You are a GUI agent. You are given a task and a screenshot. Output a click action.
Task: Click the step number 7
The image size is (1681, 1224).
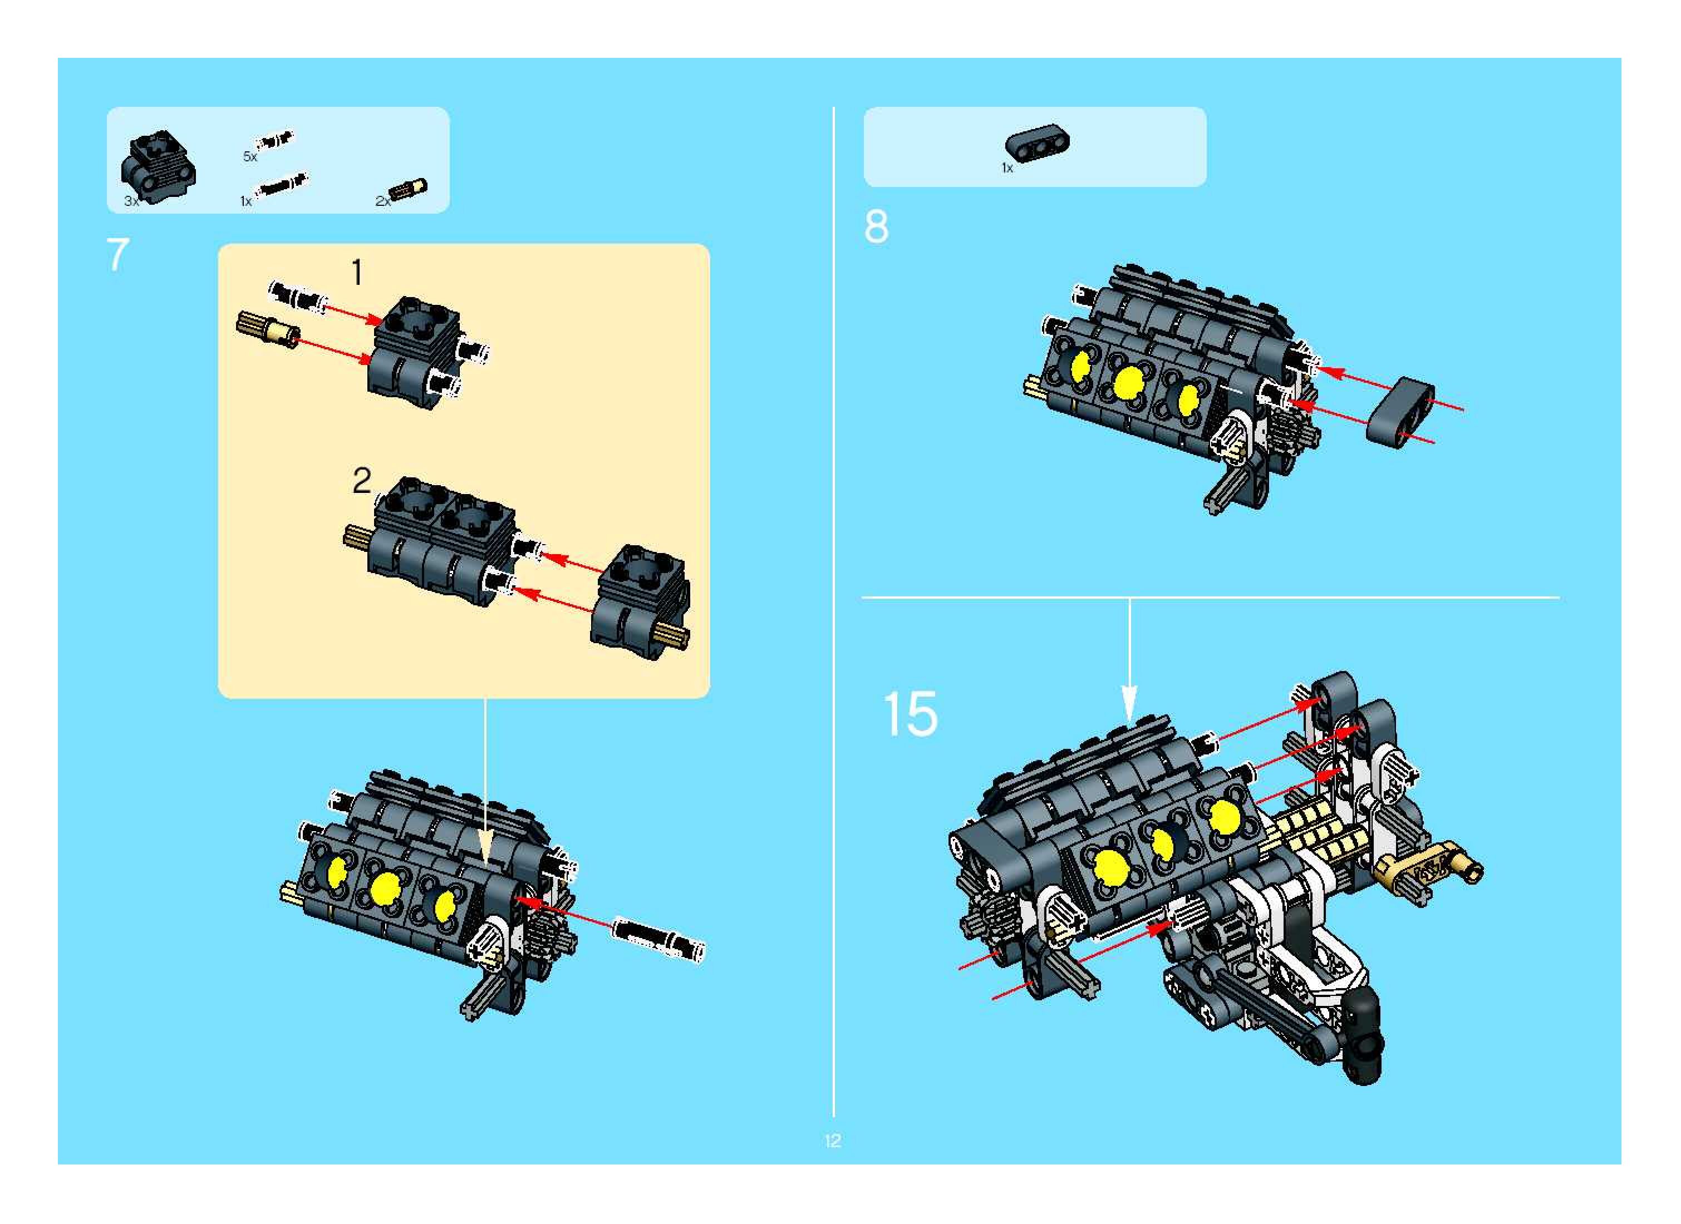118,255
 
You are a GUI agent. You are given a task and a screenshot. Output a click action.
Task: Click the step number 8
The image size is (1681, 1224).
876,227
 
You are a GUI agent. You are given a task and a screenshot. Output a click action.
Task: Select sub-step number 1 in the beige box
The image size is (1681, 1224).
356,273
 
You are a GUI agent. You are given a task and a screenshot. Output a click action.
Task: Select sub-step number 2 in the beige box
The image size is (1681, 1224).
361,481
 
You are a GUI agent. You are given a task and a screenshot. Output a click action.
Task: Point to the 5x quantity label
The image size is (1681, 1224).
250,157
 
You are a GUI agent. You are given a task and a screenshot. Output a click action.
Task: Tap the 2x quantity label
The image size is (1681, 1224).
382,201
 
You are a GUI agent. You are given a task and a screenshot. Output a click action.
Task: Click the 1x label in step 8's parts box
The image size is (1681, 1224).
1006,168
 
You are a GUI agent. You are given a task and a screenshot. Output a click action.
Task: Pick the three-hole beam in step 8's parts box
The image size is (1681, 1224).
1037,142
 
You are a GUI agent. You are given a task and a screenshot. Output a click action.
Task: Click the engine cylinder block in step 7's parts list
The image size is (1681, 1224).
159,167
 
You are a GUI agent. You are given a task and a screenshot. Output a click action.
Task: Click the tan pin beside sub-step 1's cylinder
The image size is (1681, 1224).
267,330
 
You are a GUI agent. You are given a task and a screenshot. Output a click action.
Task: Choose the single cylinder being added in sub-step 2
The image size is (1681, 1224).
642,601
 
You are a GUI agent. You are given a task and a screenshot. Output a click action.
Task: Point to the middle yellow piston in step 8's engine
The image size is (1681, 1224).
1127,382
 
